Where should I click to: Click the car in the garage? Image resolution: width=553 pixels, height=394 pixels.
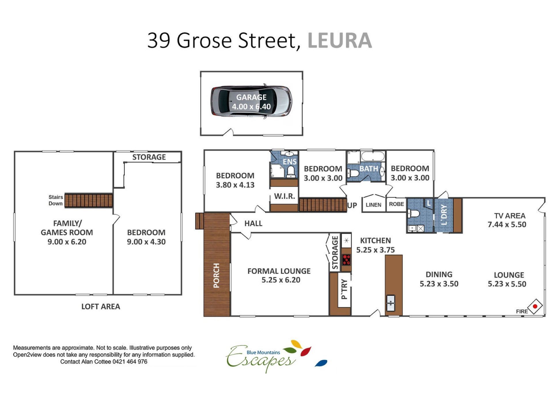point(251,101)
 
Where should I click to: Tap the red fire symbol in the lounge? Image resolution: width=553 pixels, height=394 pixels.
point(535,306)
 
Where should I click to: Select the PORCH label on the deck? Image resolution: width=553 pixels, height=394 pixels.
point(216,275)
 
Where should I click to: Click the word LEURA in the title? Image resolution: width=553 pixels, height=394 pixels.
point(340,40)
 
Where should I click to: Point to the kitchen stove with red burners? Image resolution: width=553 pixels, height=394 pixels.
point(346,260)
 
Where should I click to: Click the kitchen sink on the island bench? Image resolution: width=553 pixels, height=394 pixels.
point(391,303)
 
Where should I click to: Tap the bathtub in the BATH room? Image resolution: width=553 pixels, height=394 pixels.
point(373,157)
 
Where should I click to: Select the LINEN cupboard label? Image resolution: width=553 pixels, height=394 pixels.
point(374,205)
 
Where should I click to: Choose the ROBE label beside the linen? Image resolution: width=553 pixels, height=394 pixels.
point(397,204)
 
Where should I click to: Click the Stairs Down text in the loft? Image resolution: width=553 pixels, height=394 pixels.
point(56,200)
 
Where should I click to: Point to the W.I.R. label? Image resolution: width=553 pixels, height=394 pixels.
point(285,196)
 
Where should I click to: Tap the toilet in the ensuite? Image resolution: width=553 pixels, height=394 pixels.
point(291,172)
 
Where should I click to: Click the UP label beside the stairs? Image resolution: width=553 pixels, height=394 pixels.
point(352,206)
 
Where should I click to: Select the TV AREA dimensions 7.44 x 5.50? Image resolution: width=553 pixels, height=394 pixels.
point(507,225)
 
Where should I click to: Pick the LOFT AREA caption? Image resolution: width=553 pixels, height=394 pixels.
point(101,306)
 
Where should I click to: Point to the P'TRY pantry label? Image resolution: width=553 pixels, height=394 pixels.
point(344,289)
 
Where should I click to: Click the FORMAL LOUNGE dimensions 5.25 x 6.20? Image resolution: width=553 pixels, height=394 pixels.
point(281,280)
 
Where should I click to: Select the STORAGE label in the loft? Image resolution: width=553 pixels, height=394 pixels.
point(149,157)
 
